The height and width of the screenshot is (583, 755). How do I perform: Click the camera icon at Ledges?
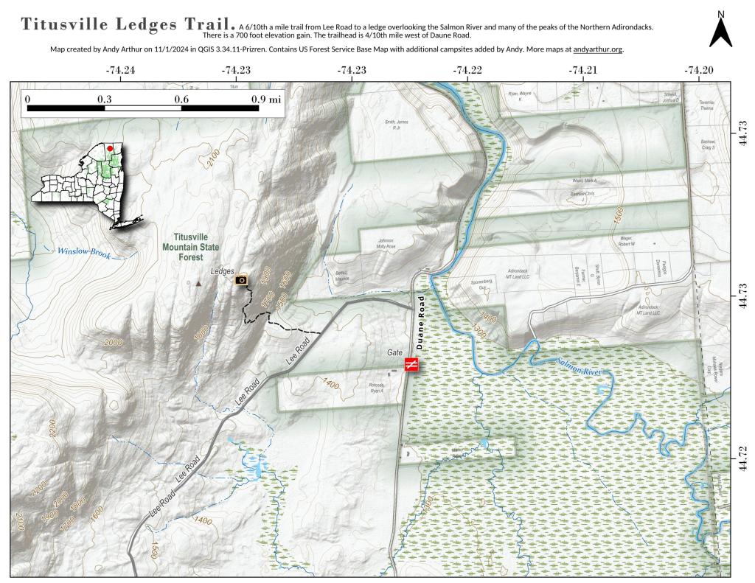[x=241, y=279]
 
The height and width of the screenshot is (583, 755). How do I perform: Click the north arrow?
[x=720, y=30]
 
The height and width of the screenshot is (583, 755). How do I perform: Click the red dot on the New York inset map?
[x=110, y=148]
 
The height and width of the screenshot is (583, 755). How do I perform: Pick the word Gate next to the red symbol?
[x=394, y=353]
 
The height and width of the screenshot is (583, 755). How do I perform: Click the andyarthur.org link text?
[x=597, y=49]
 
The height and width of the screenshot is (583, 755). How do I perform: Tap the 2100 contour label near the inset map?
[x=214, y=158]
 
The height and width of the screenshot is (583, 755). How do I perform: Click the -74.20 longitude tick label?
[x=698, y=71]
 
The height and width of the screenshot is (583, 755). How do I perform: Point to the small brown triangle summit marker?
[x=198, y=283]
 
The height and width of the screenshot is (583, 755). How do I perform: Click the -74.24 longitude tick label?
[x=120, y=71]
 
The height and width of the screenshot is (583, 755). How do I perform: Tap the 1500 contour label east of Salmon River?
[x=618, y=214]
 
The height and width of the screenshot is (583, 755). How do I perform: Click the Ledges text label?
[x=222, y=272]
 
